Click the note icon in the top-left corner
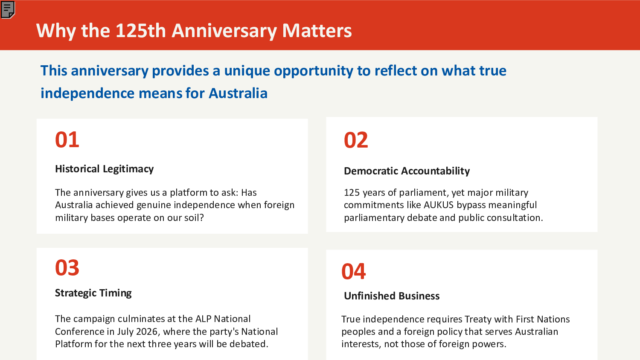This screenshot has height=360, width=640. click(x=8, y=9)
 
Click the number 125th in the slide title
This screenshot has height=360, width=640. click(x=140, y=31)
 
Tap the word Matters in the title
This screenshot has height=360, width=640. click(x=317, y=31)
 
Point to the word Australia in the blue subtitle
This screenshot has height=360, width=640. click(x=238, y=93)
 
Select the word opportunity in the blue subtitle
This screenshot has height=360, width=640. click(x=314, y=71)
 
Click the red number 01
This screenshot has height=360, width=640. click(x=67, y=140)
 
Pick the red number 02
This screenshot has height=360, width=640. click(x=356, y=140)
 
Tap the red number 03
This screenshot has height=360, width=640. click(x=67, y=268)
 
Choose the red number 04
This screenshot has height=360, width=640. click(x=354, y=271)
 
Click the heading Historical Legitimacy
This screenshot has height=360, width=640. click(x=104, y=169)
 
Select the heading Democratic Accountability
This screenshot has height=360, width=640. click(x=407, y=171)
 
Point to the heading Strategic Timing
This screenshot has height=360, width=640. click(x=93, y=293)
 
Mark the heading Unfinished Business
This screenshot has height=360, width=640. click(x=392, y=296)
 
